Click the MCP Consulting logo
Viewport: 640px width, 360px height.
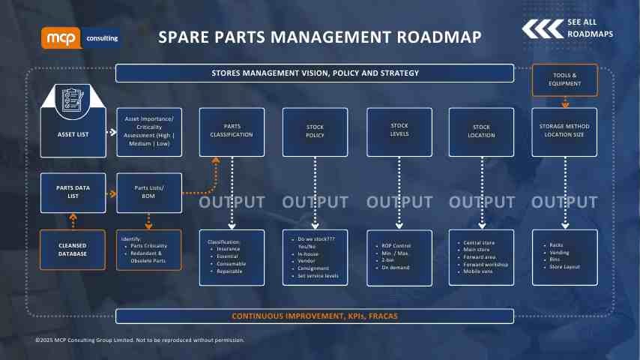pyautogui.click(x=79, y=37)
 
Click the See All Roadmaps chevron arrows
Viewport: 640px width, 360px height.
pyautogui.click(x=542, y=28)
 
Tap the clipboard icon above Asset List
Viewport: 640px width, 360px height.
pyautogui.click(x=73, y=101)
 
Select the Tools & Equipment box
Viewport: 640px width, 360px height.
pyautogui.click(x=564, y=79)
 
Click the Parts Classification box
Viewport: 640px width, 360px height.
pyautogui.click(x=232, y=131)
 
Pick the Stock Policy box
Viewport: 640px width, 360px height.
pyautogui.click(x=316, y=131)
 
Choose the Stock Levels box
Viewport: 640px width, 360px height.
pyautogui.click(x=399, y=131)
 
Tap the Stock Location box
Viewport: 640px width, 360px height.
pyautogui.click(x=481, y=131)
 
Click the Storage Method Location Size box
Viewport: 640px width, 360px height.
pyautogui.click(x=564, y=131)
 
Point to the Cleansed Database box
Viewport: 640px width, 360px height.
pyautogui.click(x=73, y=249)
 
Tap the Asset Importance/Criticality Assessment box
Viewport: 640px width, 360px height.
pyautogui.click(x=148, y=131)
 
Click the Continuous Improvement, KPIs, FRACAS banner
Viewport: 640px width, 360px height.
pyautogui.click(x=315, y=316)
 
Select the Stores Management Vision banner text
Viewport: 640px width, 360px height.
pyautogui.click(x=315, y=73)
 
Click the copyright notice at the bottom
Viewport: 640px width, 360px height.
pyautogui.click(x=140, y=340)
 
